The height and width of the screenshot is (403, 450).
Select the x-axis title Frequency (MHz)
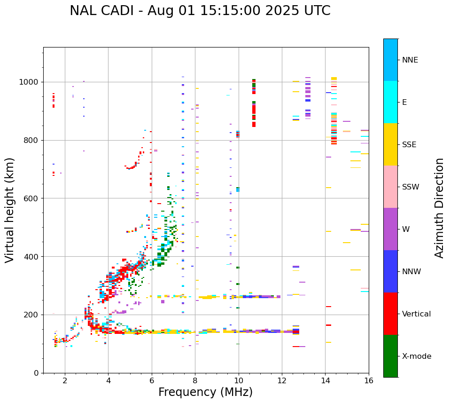tap(205, 392)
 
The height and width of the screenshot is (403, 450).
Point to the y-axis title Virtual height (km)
tap(10, 210)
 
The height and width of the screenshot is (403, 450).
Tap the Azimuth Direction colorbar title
tap(439, 208)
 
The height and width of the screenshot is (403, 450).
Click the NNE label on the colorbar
tap(410, 60)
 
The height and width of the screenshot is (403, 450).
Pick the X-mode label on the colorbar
tap(416, 356)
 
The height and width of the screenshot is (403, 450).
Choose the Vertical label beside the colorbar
tap(416, 314)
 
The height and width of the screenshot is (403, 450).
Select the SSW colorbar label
tap(411, 187)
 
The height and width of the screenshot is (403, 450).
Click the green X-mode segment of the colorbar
tap(390, 356)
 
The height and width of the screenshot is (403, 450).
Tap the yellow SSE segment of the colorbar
tap(390, 144)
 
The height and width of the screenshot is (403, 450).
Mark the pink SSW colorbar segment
tap(390, 187)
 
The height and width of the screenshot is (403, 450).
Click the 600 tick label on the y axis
tap(33, 198)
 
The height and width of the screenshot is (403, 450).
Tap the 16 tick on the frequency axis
tap(369, 380)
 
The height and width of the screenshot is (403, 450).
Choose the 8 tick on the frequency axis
tap(195, 380)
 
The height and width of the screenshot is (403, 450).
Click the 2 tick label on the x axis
tap(65, 380)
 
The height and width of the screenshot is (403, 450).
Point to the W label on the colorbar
tap(405, 229)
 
